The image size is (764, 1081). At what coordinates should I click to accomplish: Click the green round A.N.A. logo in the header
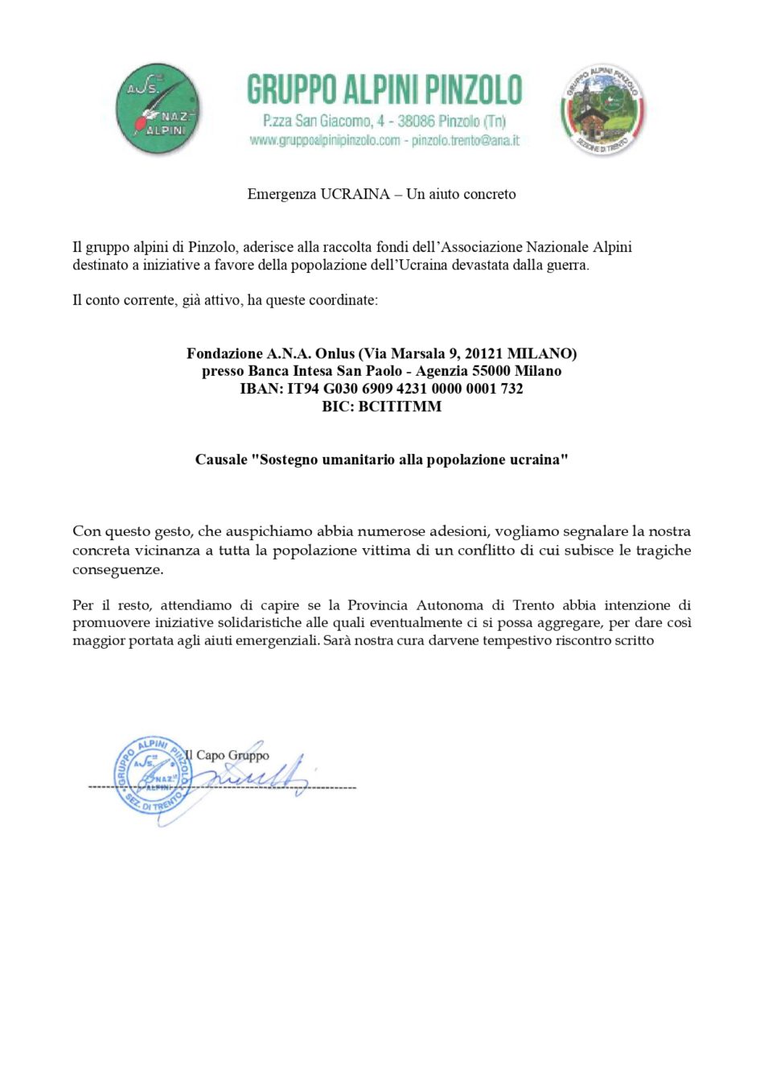coord(158,110)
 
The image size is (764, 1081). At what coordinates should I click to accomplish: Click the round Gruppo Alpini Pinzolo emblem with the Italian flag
coord(602,110)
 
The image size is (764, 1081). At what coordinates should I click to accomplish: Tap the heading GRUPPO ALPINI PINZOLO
coord(384,89)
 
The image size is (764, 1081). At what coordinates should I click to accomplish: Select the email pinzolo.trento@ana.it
coord(466,141)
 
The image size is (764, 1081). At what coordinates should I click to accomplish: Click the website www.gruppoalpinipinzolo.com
coord(324,141)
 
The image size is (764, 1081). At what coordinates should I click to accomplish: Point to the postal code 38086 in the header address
coord(416,122)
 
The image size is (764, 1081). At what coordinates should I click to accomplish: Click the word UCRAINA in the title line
coord(355,194)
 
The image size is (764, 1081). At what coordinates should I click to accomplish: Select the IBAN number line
coord(381,389)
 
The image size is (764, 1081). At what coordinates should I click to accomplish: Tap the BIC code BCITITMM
coord(400,406)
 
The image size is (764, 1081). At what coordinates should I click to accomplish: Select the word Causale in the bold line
coord(221,460)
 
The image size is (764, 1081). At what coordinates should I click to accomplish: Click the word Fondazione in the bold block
coord(224,353)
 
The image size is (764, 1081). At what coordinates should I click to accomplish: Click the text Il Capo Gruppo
coord(228,755)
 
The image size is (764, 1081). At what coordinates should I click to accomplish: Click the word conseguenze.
coord(117,570)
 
